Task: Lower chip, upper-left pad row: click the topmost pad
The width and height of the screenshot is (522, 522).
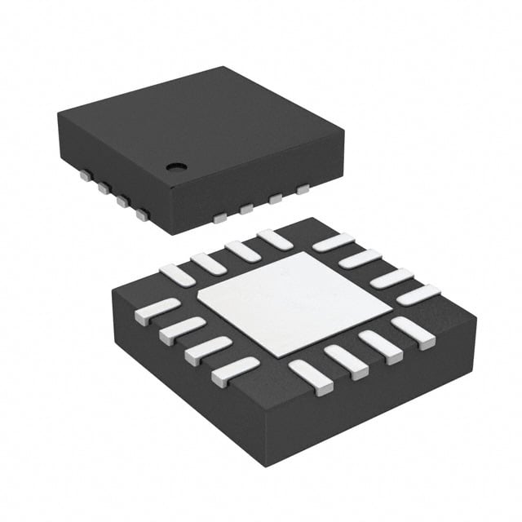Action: click(274, 239)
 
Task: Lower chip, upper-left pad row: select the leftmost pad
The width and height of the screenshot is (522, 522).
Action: click(177, 275)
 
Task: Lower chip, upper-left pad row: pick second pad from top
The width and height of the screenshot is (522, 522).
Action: click(243, 250)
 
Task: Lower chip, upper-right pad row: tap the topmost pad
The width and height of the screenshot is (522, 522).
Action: click(333, 242)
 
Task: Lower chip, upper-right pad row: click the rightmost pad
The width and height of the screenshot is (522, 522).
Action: click(418, 294)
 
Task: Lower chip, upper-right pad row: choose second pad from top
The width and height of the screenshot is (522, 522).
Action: click(359, 259)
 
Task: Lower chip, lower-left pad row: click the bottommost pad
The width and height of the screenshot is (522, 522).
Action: click(235, 371)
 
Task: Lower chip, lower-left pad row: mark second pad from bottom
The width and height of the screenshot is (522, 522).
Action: click(208, 350)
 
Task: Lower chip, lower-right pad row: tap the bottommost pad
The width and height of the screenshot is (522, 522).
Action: click(311, 378)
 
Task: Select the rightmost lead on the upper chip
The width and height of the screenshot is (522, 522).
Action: click(303, 190)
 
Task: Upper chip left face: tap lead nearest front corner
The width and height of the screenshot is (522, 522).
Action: click(143, 215)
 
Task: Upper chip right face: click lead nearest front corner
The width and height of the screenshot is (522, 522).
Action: click(219, 218)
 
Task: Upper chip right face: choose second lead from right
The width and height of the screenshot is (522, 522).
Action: click(276, 198)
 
